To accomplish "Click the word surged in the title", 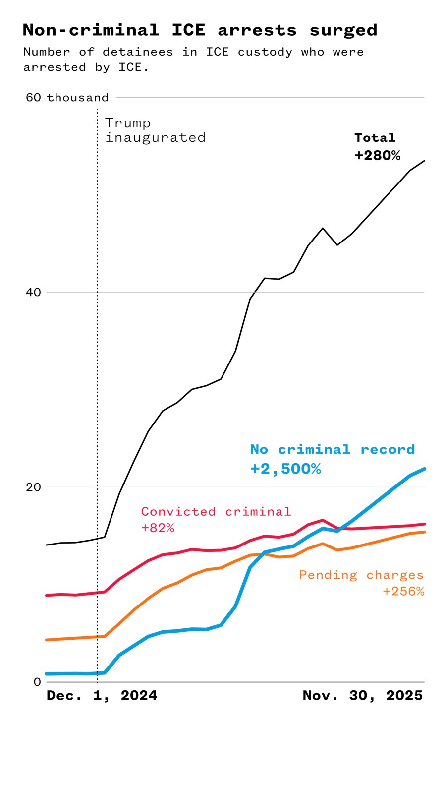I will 343,30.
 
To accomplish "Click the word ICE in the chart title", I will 188,30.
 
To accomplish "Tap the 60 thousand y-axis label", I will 67,98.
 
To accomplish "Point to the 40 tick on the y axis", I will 33,292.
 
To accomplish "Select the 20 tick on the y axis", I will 33,487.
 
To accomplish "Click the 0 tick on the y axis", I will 37,682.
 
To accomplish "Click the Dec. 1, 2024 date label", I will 102,696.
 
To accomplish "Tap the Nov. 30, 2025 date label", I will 362,696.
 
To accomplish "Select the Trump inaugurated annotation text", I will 155,130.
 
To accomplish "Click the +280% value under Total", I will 377,156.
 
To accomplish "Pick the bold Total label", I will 375,138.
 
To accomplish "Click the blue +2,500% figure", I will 285,469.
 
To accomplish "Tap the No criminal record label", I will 332,450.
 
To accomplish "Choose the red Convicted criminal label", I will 216,512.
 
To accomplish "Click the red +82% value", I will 158,528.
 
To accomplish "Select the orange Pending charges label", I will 361,575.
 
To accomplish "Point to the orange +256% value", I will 403,591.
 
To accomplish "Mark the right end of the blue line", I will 424,469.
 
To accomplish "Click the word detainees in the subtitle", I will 138,52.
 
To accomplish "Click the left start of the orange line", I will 47,640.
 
